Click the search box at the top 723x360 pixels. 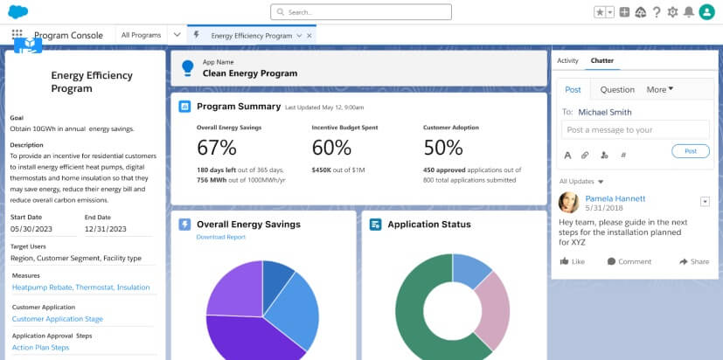click(360, 12)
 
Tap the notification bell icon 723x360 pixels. click(689, 12)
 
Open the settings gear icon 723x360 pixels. click(672, 12)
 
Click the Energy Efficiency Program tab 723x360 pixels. click(251, 36)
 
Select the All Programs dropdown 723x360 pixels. click(141, 35)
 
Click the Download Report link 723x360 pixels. click(220, 237)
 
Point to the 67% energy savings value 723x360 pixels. click(217, 147)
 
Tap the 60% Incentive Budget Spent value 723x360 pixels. click(331, 147)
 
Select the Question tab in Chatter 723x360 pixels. click(617, 89)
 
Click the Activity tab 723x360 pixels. click(567, 60)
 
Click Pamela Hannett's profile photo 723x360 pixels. click(568, 203)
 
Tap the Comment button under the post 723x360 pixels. click(629, 261)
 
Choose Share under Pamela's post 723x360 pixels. click(694, 261)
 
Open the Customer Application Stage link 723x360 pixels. click(57, 319)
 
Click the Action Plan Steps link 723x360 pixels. click(40, 347)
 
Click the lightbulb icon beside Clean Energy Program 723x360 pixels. click(187, 68)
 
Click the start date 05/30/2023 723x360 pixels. click(32, 229)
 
